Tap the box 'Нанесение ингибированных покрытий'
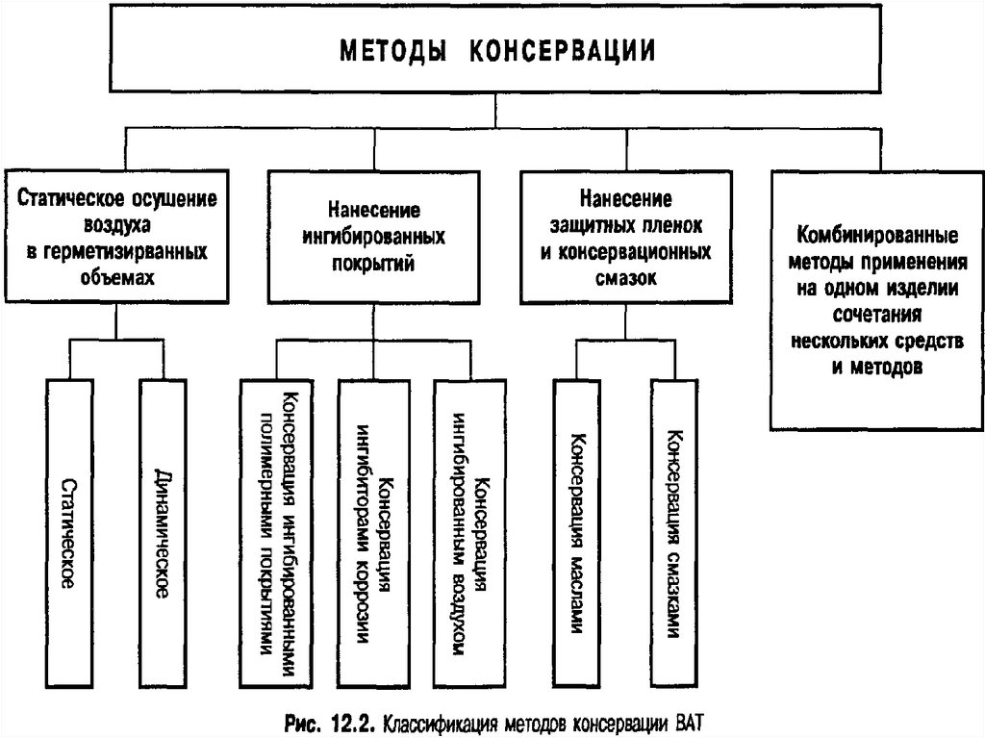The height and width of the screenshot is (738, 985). (371, 236)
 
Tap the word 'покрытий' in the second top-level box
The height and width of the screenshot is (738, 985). (372, 263)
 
